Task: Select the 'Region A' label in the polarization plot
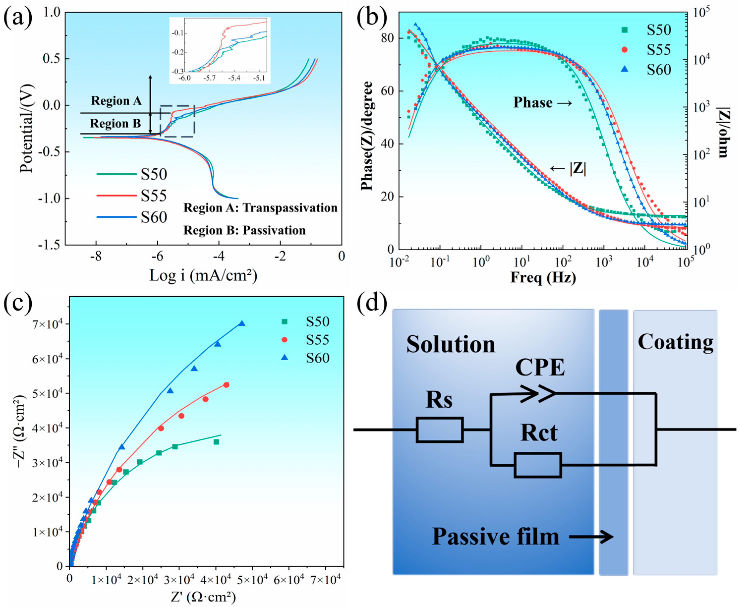pos(116,101)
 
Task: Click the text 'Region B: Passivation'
pos(245,230)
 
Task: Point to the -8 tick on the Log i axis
pos(96,256)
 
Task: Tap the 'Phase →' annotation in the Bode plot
pos(542,103)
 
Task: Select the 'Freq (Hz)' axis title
pos(543,278)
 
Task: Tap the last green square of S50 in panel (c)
pos(216,442)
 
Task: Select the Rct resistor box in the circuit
pos(538,465)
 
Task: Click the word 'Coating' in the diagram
pos(675,342)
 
